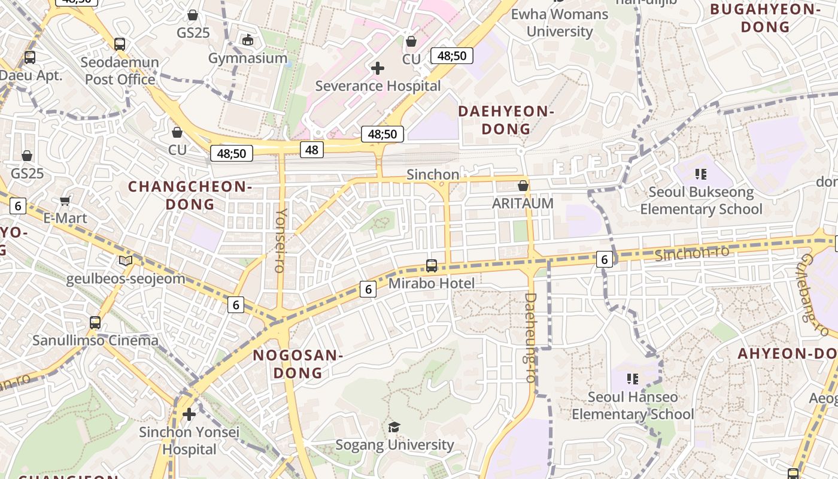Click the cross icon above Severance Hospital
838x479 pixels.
(x=377, y=68)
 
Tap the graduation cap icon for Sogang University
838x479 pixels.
(x=394, y=427)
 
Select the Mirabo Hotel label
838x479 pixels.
(x=431, y=283)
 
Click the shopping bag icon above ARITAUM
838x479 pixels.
(x=523, y=186)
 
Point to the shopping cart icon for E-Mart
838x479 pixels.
(x=65, y=201)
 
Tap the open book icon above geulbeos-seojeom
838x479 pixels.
(x=126, y=260)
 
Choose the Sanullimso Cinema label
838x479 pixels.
(x=96, y=341)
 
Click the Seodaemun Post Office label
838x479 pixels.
(x=120, y=71)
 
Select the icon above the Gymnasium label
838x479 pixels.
(x=248, y=40)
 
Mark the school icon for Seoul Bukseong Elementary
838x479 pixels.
(x=701, y=174)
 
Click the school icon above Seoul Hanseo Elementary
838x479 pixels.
(x=633, y=379)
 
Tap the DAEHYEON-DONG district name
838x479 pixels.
(x=506, y=120)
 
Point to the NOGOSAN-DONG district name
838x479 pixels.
(x=297, y=364)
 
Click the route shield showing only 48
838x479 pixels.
(x=311, y=150)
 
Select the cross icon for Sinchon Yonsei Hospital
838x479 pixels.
(x=189, y=414)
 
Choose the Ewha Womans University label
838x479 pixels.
(x=559, y=23)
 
